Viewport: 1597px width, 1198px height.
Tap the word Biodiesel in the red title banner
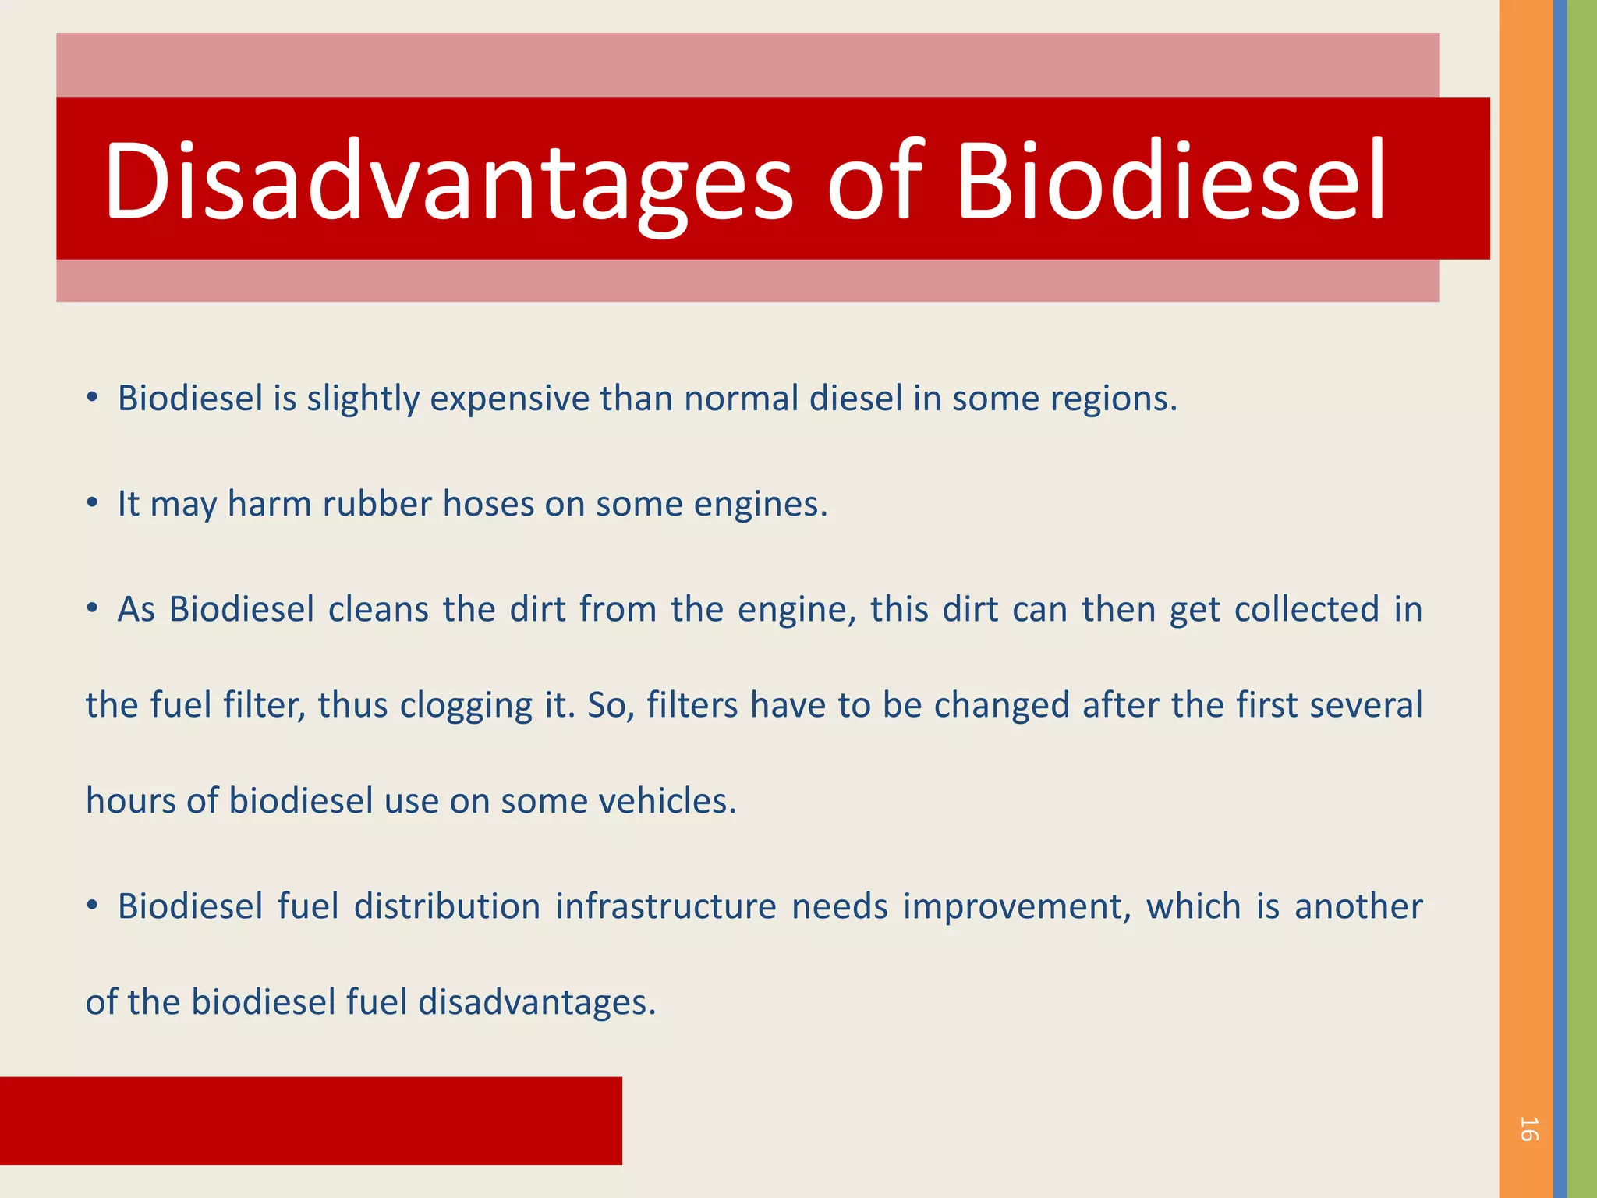(x=1170, y=181)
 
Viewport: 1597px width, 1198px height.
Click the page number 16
(x=1528, y=1129)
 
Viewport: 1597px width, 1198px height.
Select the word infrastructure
(x=665, y=906)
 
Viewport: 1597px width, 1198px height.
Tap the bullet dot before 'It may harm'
(x=92, y=504)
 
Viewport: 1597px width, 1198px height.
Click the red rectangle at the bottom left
(x=310, y=1121)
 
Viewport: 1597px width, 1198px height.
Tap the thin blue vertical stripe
(x=1560, y=599)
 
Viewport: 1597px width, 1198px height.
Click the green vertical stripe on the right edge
(x=1582, y=599)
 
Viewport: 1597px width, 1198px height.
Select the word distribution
(x=447, y=906)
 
